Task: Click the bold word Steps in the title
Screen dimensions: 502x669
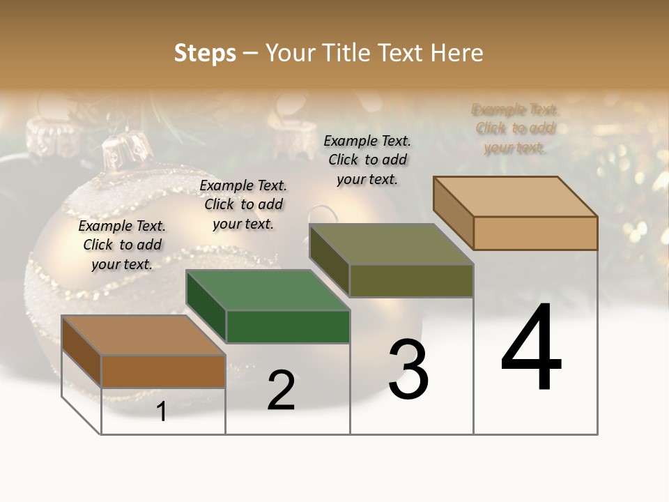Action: (205, 53)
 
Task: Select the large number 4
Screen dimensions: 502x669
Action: (531, 348)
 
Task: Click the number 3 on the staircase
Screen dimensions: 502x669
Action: (408, 370)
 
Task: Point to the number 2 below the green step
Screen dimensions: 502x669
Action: (282, 391)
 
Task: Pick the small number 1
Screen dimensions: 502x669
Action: (162, 412)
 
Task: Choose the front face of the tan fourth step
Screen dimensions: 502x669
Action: (535, 233)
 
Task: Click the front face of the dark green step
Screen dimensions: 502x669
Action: (288, 326)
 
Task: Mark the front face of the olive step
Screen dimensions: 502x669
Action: (411, 280)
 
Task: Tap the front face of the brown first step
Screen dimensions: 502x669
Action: (163, 371)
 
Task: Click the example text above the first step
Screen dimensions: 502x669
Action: (122, 245)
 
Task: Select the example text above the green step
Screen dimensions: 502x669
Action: (243, 204)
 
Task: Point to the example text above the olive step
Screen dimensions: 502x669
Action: (367, 160)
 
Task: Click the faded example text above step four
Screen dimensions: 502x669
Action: (515, 128)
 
